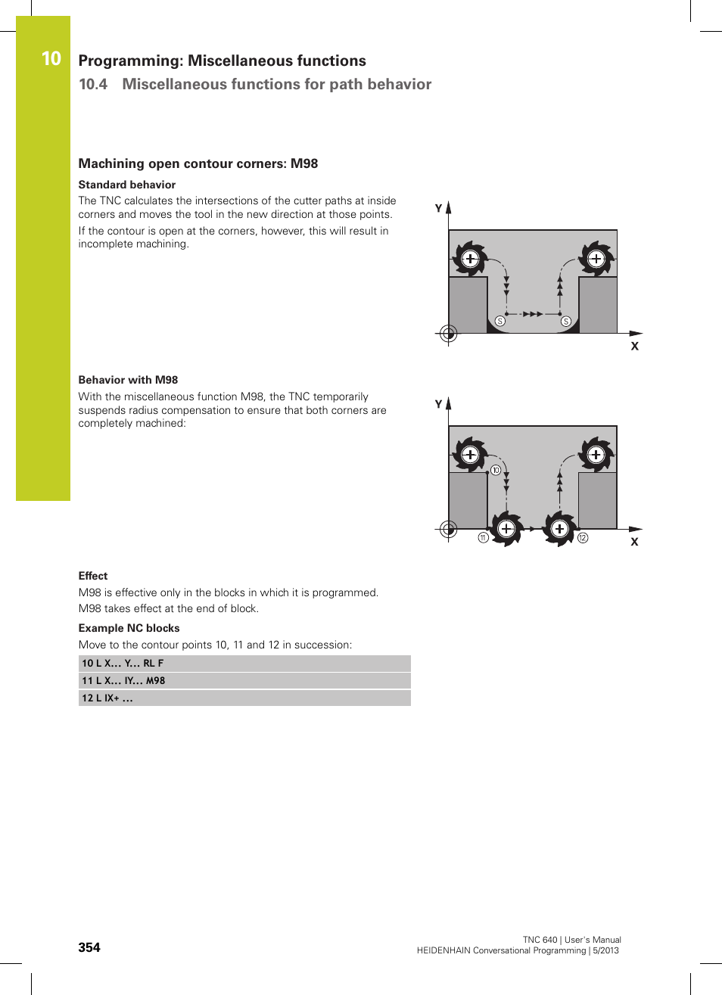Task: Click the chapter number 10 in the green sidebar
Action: (51, 59)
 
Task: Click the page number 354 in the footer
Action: (89, 947)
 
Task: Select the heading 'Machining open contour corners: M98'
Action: (198, 163)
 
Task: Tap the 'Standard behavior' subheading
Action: (127, 185)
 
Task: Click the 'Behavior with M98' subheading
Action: (128, 380)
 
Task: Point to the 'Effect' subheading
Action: (93, 576)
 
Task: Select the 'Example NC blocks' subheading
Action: (129, 628)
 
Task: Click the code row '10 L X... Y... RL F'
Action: (244, 664)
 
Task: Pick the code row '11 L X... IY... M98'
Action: (244, 681)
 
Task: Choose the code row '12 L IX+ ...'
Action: (244, 698)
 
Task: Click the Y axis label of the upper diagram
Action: (438, 208)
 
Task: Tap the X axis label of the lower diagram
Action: (634, 542)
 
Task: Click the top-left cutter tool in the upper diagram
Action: (470, 259)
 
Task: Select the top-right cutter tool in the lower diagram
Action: (596, 455)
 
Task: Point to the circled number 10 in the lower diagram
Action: (496, 470)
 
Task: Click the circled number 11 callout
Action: (483, 538)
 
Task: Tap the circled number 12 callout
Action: (583, 538)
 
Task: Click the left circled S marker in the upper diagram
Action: (500, 322)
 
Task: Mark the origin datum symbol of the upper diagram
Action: (448, 333)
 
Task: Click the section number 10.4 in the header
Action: (93, 84)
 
